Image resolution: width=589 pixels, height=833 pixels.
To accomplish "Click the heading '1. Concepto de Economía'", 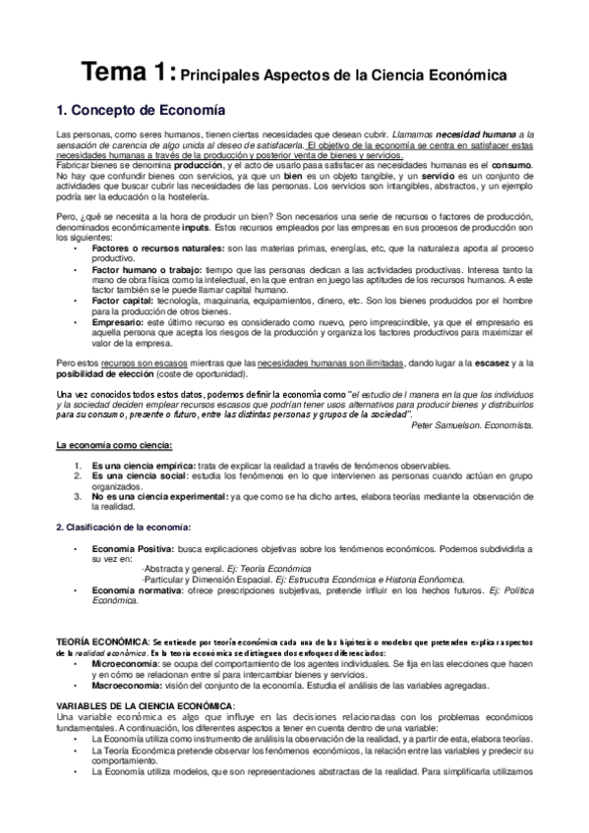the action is (x=141, y=110).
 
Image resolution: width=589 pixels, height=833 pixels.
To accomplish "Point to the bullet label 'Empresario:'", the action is (x=114, y=321).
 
